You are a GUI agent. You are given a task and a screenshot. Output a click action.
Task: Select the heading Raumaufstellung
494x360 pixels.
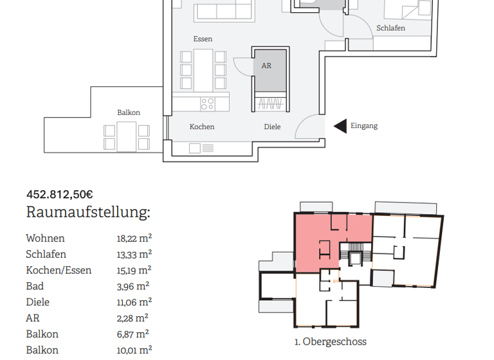[88, 213]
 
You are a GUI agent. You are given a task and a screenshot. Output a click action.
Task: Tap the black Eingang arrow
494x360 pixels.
[340, 127]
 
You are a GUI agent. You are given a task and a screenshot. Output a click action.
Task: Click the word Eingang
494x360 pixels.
[364, 126]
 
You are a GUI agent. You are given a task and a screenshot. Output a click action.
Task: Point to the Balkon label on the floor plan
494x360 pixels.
[129, 113]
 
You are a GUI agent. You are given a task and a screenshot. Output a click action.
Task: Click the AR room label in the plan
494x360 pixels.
[266, 66]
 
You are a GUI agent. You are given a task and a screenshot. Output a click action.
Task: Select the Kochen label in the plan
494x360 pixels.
[202, 127]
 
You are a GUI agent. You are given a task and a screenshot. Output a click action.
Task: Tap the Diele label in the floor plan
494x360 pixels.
[272, 127]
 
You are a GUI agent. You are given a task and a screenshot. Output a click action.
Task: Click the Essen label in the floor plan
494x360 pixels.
[203, 39]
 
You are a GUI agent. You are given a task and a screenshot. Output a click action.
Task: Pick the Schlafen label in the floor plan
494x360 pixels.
[390, 28]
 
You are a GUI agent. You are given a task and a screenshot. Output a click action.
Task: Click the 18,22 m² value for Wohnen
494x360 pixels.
[134, 238]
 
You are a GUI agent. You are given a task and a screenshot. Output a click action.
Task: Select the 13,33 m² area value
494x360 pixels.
[134, 254]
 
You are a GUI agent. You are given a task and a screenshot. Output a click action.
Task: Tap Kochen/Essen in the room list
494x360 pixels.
[59, 270]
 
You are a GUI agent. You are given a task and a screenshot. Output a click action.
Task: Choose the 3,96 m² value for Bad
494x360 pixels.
[133, 286]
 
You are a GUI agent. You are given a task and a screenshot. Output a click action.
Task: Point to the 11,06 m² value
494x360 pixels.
[133, 302]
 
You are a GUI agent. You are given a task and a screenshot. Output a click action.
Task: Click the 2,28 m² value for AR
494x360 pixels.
[132, 318]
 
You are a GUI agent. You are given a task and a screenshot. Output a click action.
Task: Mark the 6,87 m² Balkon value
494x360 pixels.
[133, 334]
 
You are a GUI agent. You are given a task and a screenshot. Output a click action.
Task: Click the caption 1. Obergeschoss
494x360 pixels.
[330, 342]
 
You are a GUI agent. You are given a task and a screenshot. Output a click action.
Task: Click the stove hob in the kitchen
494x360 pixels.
[207, 102]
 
